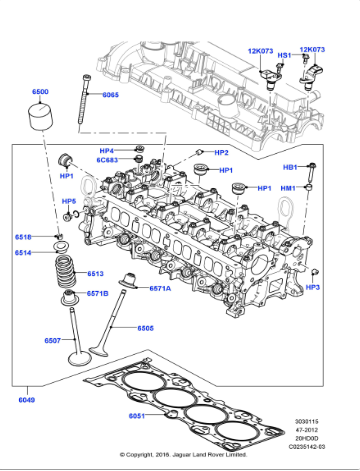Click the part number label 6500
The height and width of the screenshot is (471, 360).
[40, 92]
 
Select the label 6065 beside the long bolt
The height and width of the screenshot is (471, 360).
[110, 95]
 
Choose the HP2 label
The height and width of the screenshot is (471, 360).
[221, 153]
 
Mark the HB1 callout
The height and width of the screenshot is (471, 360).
[290, 167]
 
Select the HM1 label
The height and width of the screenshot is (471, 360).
[288, 188]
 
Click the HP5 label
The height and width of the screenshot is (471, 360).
[69, 201]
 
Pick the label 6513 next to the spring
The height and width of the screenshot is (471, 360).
[96, 273]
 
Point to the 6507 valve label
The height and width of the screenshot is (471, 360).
[53, 341]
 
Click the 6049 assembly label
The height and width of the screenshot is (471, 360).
[25, 401]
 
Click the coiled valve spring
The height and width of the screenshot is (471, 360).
[69, 270]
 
